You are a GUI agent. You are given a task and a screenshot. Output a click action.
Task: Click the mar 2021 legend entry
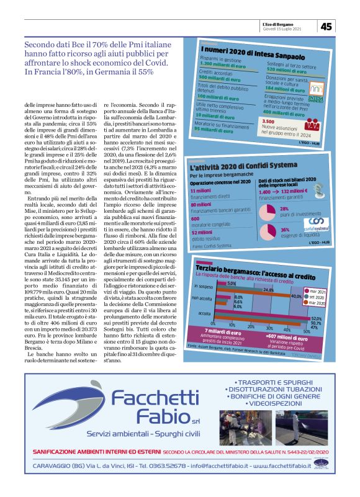320,291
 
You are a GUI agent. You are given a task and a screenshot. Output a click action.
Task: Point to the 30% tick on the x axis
269,326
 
